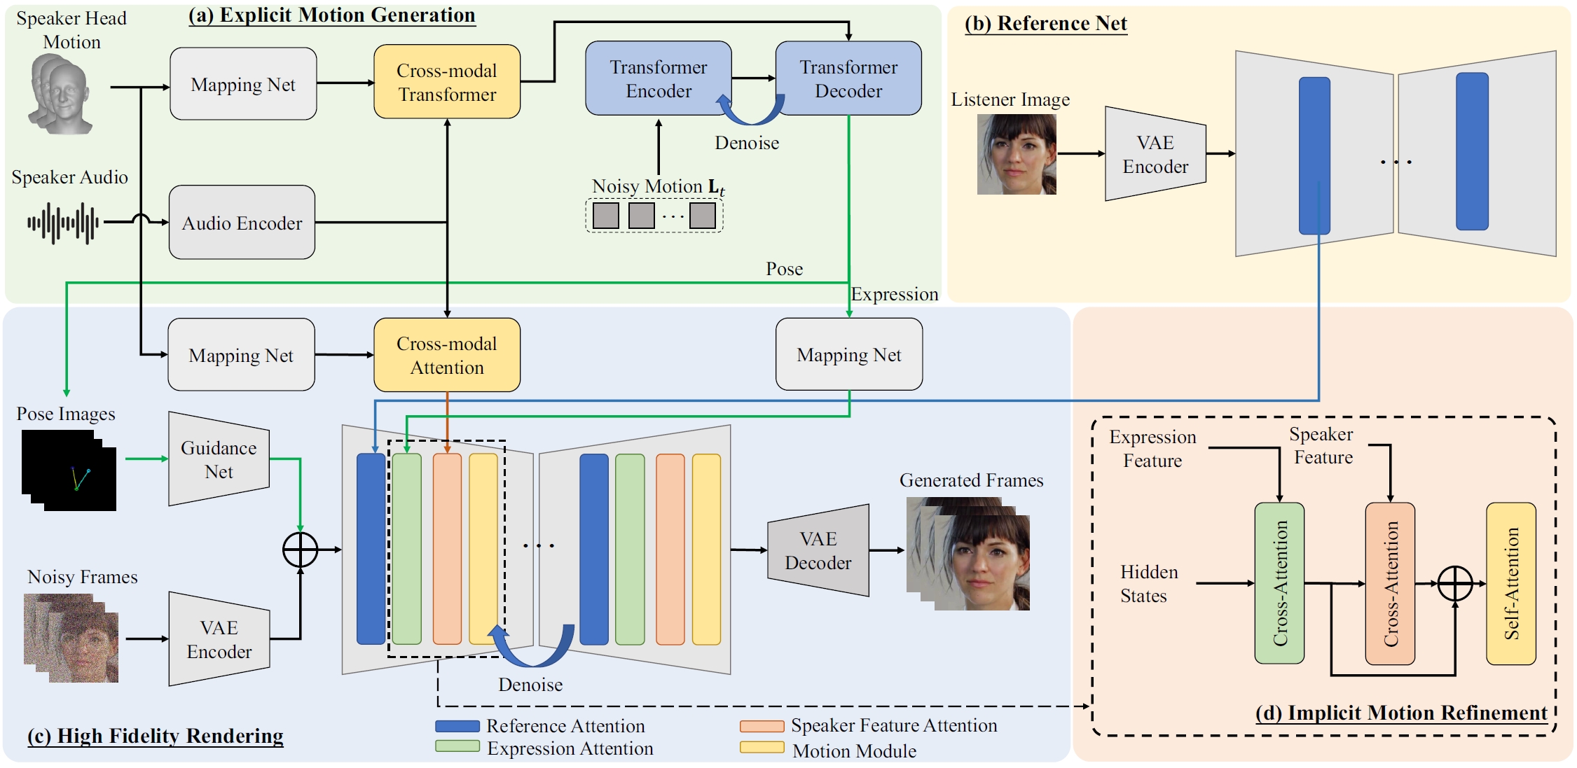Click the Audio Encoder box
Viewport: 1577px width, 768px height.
242,223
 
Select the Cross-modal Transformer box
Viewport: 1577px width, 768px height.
447,82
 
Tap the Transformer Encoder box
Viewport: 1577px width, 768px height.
658,78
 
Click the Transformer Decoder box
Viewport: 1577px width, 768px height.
848,78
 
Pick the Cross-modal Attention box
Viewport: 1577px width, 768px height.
447,355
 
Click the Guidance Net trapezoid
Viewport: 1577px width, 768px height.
219,459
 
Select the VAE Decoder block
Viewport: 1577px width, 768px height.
818,550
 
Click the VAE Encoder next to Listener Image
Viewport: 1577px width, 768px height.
1155,154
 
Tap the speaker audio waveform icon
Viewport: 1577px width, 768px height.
63,223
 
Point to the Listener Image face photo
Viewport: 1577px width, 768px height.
1017,154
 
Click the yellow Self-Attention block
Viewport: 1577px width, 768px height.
1510,583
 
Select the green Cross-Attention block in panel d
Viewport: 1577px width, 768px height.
1279,583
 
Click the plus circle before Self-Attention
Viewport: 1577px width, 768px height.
1455,583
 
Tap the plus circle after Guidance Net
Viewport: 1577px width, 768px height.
300,550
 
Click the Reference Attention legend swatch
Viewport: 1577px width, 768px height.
457,726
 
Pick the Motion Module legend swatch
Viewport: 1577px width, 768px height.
762,748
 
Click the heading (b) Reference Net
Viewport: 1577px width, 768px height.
1045,24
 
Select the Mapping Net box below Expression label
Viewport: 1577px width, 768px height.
848,354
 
